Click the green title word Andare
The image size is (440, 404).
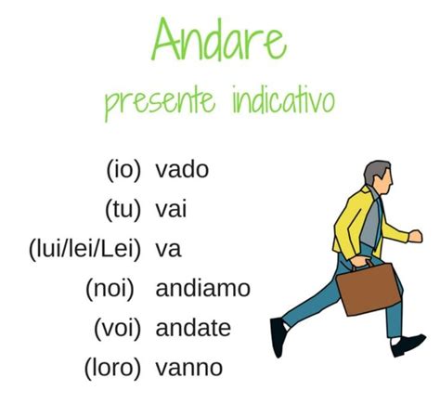219,39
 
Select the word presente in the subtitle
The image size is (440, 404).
160,103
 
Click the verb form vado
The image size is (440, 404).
182,169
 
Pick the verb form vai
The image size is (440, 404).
171,209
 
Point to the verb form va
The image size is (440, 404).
168,250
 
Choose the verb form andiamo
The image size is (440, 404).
203,288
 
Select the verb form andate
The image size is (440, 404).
193,328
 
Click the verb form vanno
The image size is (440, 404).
189,368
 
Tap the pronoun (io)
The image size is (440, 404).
123,170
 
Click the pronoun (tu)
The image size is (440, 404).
123,210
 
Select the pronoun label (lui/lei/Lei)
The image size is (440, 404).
84,250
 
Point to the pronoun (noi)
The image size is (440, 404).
110,289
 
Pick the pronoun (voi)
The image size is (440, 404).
117,329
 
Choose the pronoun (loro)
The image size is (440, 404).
112,369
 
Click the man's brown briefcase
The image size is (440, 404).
369,288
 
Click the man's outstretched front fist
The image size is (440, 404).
415,236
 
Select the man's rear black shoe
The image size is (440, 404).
279,337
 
